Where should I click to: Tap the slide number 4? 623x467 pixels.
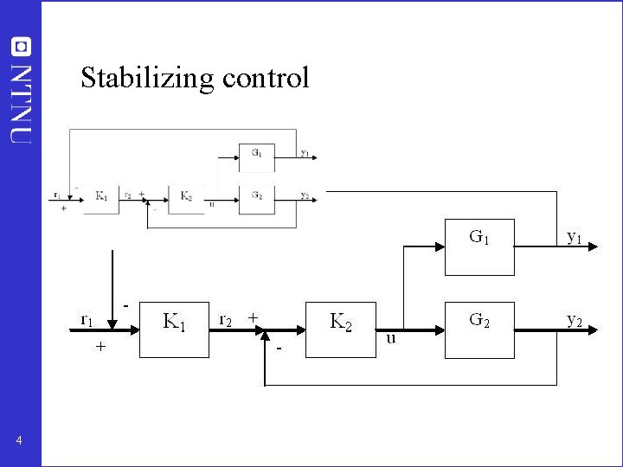[20, 442]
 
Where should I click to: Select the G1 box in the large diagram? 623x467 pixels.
[479, 246]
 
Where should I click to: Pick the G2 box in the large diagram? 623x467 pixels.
[479, 329]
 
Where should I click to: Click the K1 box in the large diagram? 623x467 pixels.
[175, 329]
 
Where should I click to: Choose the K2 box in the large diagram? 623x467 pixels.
[341, 329]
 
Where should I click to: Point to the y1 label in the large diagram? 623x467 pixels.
[574, 235]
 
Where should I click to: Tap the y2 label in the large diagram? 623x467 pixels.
[574, 319]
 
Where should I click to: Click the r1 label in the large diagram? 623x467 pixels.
[87, 320]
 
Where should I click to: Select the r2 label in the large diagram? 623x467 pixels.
[225, 320]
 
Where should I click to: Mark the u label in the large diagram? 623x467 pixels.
[391, 337]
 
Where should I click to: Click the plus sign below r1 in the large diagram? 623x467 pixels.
[100, 347]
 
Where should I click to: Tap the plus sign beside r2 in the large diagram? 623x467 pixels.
[253, 317]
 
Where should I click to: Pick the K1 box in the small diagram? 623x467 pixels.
[101, 196]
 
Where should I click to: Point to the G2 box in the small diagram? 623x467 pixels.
[257, 196]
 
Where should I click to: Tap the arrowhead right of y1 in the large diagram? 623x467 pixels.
[594, 246]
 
